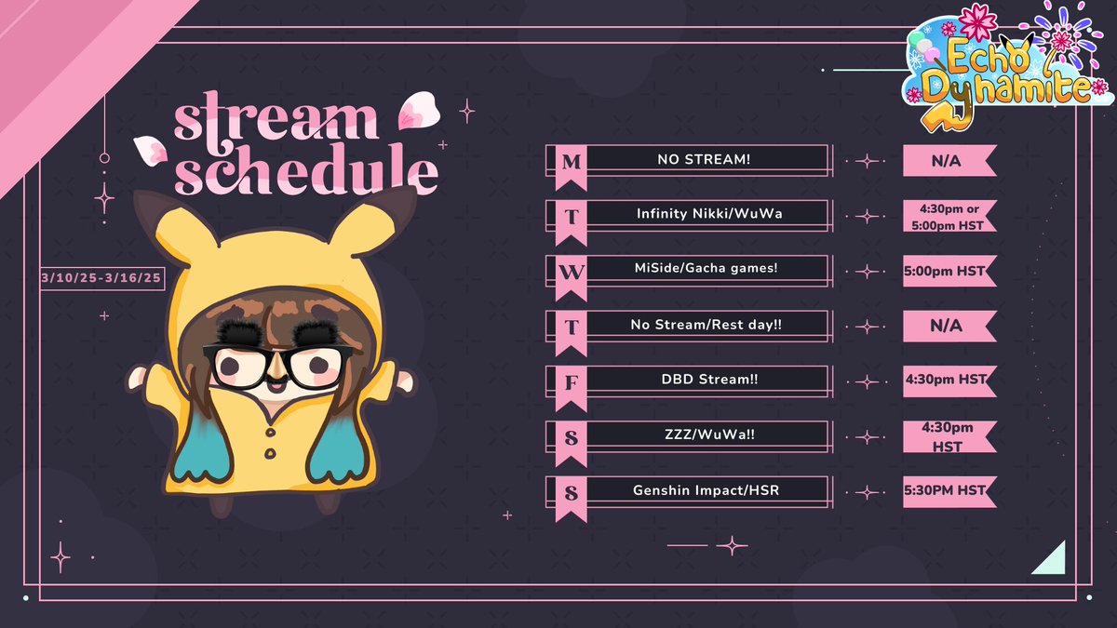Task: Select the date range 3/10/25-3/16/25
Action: [x=103, y=278]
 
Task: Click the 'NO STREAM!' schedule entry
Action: [x=704, y=160]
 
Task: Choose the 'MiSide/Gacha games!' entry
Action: [x=704, y=270]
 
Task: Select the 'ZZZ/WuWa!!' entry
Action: [x=704, y=435]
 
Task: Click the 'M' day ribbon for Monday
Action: [x=572, y=164]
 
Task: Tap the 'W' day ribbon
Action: [x=572, y=274]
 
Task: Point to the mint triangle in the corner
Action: [x=1051, y=557]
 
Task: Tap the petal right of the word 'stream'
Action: [x=412, y=113]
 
